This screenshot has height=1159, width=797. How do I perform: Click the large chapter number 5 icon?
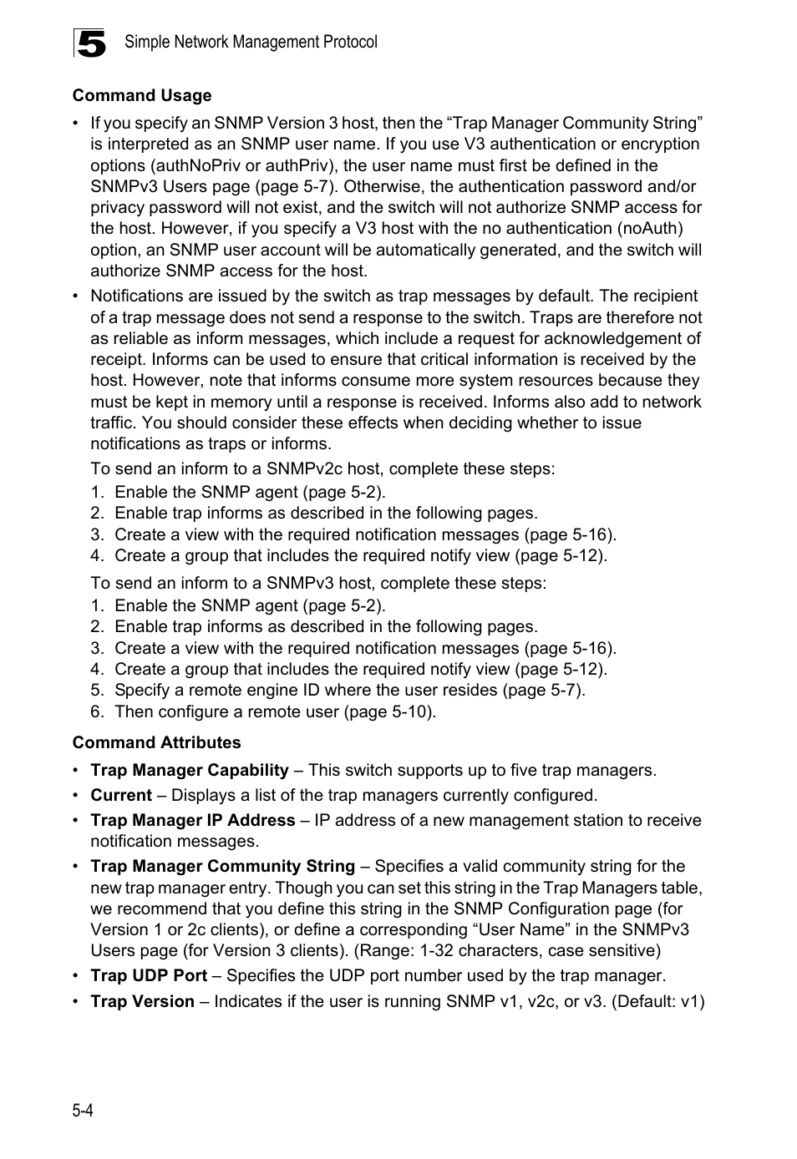tap(90, 43)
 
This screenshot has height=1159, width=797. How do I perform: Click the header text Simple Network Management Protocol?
tap(251, 42)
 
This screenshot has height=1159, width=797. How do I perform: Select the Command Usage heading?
tap(142, 95)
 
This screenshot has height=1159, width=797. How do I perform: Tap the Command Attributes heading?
tap(156, 742)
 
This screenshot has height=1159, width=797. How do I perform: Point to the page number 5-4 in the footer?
tap(83, 1110)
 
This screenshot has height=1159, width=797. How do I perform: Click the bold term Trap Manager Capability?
tap(190, 770)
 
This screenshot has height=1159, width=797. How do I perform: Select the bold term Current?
tap(121, 795)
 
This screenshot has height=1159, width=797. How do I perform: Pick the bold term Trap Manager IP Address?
tap(193, 820)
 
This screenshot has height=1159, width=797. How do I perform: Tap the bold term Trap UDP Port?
tap(149, 975)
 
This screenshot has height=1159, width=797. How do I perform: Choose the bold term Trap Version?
tap(143, 1001)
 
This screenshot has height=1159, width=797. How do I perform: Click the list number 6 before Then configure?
tap(97, 711)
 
